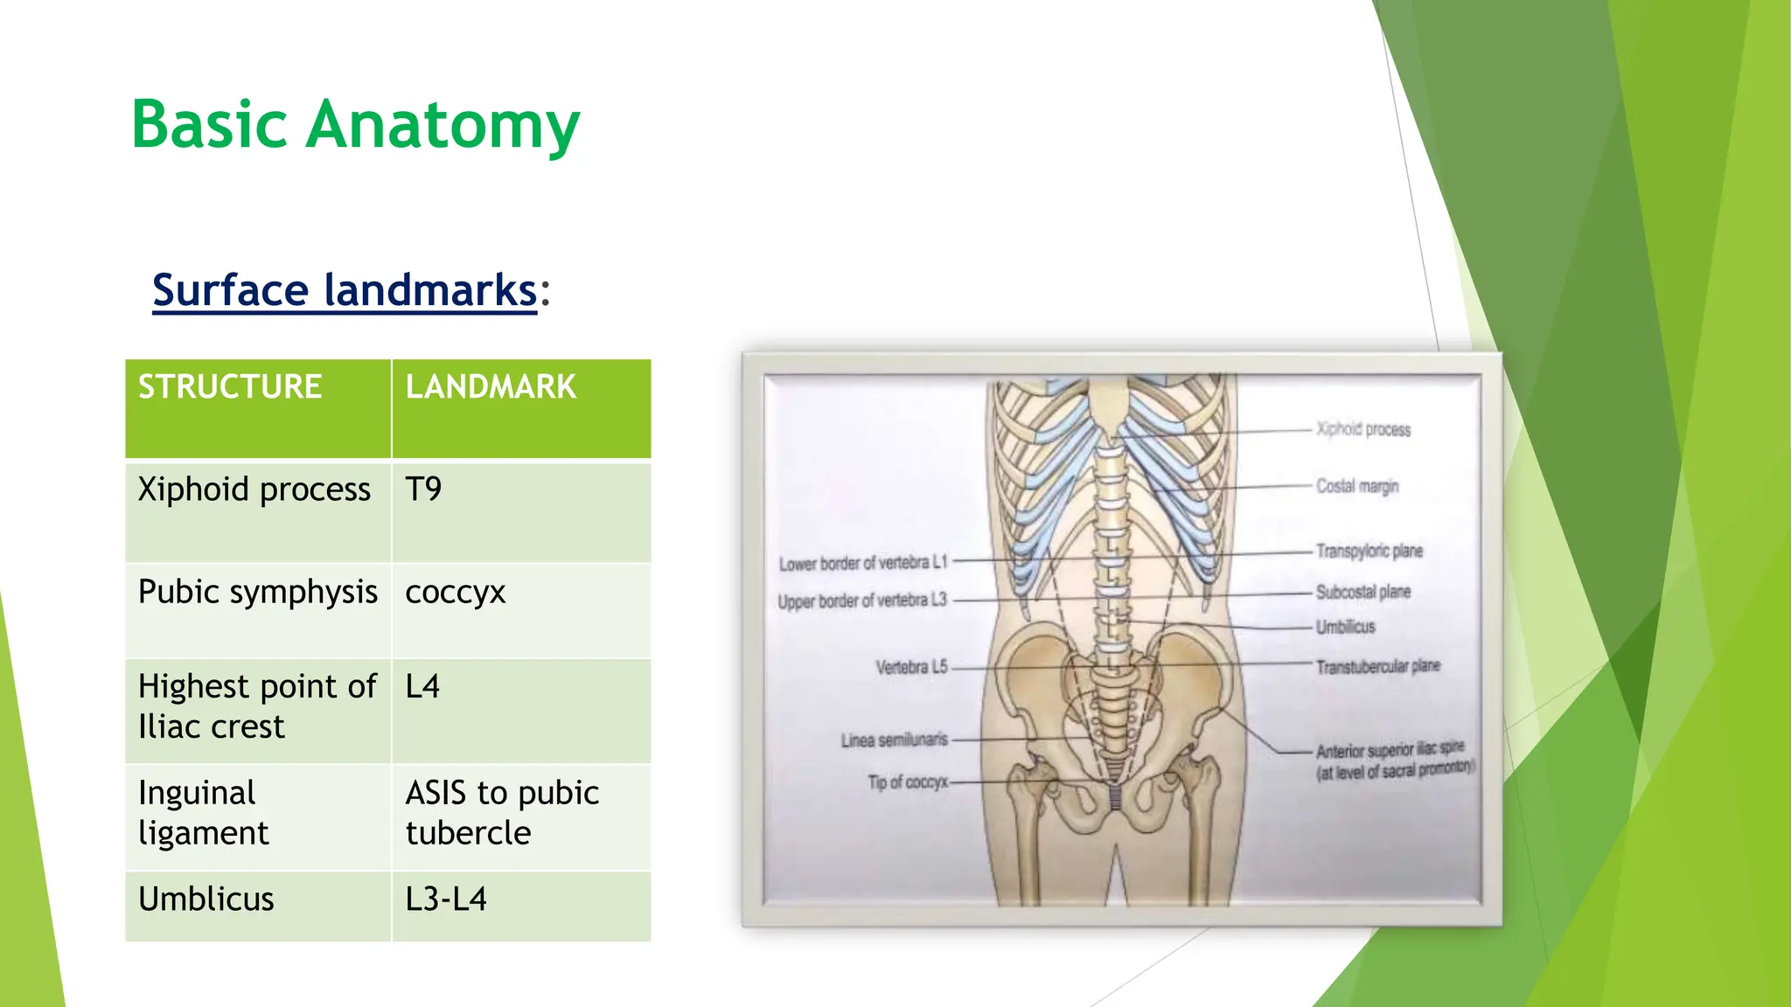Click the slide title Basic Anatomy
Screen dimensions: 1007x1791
355,125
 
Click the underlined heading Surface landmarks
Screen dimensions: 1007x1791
345,290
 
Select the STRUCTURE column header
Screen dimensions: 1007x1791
230,386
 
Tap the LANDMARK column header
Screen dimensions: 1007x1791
491,386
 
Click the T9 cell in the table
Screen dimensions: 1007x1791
423,490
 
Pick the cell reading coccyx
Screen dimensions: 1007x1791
456,592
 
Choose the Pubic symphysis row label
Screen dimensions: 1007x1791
258,592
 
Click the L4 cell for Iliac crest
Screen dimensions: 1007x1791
422,686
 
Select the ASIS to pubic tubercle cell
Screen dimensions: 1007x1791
502,812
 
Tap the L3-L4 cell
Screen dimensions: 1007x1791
446,899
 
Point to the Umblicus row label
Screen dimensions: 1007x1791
206,899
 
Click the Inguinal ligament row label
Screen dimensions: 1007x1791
203,812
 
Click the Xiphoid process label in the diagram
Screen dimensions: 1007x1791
1363,429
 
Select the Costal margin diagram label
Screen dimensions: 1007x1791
1357,486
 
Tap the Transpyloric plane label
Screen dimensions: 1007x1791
1369,551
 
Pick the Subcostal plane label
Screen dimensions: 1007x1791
1363,592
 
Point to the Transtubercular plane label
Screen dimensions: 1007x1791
1377,667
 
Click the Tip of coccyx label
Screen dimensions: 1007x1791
908,782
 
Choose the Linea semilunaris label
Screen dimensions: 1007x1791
894,740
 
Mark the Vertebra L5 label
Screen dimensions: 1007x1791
912,667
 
